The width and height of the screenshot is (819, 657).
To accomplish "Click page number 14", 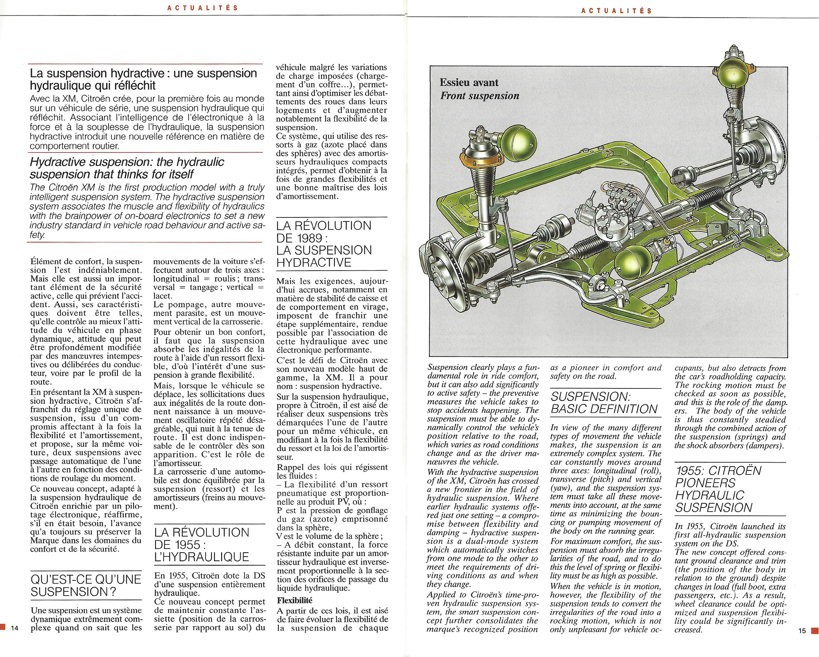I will (15, 628).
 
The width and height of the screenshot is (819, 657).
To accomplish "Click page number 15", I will (802, 631).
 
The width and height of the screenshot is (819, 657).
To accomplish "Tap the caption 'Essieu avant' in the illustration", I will (469, 83).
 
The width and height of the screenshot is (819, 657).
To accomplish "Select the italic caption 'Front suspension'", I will (480, 96).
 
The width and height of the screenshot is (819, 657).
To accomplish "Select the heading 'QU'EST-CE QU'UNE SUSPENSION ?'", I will (86, 585).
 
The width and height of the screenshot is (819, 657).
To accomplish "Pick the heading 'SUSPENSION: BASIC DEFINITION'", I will (604, 403).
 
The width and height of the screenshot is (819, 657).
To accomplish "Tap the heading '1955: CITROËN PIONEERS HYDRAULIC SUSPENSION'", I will (718, 489).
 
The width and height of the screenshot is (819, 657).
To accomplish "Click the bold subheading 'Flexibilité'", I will (294, 601).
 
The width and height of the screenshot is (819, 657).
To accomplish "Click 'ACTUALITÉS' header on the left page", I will (203, 8).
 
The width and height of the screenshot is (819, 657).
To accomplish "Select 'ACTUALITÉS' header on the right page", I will (616, 11).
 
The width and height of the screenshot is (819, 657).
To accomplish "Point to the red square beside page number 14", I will (3, 627).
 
